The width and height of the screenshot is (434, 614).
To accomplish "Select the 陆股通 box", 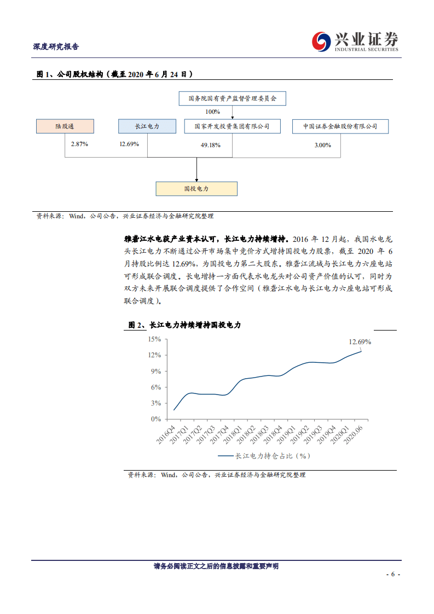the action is pos(65,126).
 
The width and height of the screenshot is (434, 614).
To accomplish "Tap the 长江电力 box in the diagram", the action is pos(147,126).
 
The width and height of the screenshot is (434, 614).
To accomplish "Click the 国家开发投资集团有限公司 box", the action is pos(232,126).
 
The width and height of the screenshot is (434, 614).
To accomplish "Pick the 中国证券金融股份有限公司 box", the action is pos(341,126).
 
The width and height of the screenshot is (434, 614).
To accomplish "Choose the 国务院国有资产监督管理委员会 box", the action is pos(232,99).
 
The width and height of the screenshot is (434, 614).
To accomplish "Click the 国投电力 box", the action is pos(196,189).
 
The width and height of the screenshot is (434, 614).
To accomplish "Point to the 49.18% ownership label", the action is pos(211,145).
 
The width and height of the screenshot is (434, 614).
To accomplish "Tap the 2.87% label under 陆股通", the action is pos(79,144).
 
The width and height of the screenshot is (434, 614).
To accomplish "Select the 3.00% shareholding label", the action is pos(323,145).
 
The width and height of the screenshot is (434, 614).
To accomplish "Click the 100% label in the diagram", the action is pos(213,112).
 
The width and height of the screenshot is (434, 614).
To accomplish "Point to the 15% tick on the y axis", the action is pos(155,339).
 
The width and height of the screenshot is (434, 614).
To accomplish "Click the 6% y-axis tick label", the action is pos(156,387).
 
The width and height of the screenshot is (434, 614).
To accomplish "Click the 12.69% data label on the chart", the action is pos(360,342).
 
